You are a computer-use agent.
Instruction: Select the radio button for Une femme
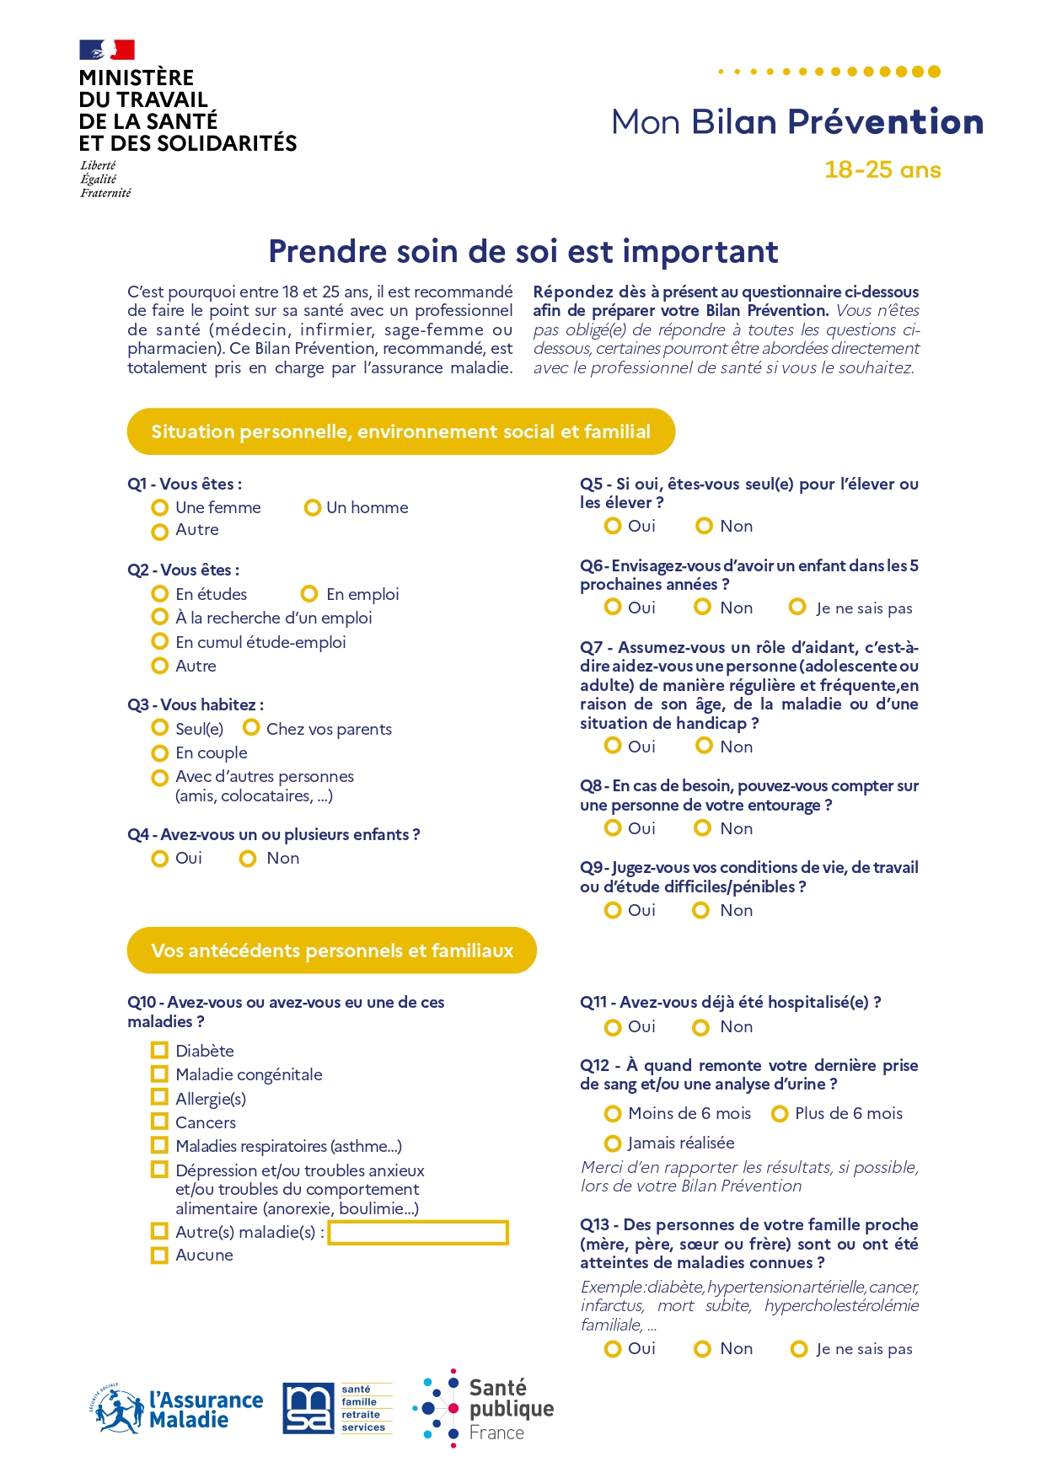pos(159,507)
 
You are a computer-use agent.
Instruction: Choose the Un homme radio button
pos(312,507)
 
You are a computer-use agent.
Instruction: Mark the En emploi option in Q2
pos(309,594)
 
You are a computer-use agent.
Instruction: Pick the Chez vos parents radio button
pos(251,727)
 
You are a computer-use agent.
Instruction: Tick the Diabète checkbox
pos(159,1050)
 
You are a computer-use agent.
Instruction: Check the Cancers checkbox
pos(159,1122)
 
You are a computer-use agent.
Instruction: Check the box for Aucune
pos(159,1255)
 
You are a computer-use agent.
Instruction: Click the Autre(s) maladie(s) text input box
pos(418,1233)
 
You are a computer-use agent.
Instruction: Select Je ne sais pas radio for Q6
pos(797,607)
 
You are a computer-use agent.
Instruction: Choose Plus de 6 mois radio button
pos(780,1113)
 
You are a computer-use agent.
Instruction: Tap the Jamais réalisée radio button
pos(613,1143)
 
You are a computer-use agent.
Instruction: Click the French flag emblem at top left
pos(107,50)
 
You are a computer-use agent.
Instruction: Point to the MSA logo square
pos(308,1408)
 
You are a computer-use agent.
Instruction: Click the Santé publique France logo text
pos(511,1408)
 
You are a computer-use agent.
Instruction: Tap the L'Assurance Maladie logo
pos(177,1409)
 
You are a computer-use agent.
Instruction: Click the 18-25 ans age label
pos(882,169)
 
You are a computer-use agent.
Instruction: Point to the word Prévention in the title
pos(885,122)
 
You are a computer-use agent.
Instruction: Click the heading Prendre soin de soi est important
pos(523,251)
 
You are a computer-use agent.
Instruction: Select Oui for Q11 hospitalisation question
pos(613,1027)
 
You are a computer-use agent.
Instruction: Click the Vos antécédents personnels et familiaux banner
pos(331,951)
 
